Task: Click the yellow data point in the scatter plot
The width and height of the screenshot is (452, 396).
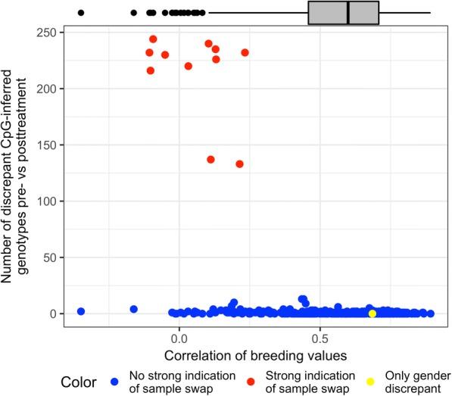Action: click(x=372, y=313)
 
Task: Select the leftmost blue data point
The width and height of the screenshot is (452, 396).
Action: click(x=81, y=311)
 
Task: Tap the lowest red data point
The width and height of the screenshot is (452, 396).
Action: click(x=239, y=164)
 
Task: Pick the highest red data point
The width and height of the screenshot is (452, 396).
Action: click(x=153, y=39)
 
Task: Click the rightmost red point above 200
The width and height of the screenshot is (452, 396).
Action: click(x=245, y=52)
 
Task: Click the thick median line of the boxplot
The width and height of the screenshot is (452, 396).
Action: click(x=348, y=13)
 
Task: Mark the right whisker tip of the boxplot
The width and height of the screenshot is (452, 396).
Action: click(x=430, y=13)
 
